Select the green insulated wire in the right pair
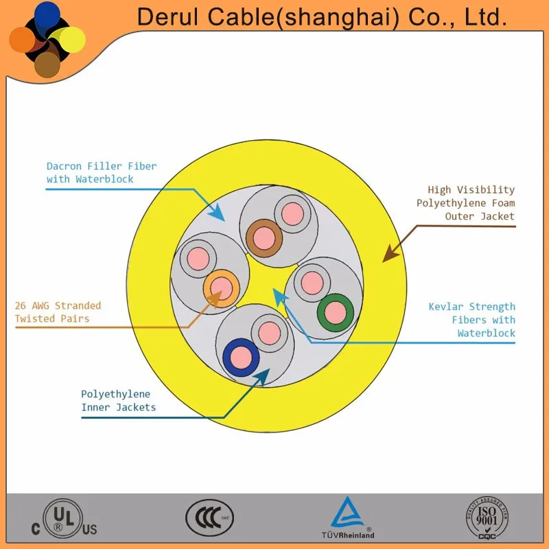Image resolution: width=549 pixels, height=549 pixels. tap(335, 313)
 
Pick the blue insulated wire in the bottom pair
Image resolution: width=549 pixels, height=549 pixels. tap(241, 357)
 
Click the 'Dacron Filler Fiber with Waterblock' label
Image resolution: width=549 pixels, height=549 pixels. tap(101, 172)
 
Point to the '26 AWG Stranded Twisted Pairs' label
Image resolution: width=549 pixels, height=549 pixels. tap(58, 312)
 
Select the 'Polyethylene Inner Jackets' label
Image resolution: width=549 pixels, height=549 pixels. tap(118, 401)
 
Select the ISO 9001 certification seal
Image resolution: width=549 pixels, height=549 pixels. tap(487, 517)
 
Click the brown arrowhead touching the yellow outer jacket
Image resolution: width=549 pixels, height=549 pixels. tap(389, 254)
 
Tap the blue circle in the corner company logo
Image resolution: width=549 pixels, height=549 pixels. tap(47, 15)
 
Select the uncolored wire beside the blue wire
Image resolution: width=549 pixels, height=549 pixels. tap(270, 333)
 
